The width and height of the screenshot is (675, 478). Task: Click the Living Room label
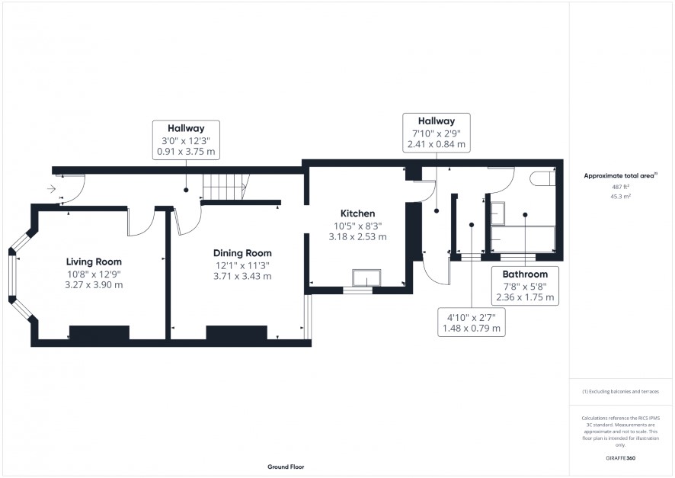[x=94, y=261]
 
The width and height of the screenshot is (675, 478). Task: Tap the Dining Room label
[x=242, y=253]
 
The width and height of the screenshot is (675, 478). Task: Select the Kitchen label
[x=358, y=213]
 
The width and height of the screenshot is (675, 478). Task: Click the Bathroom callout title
[x=525, y=274]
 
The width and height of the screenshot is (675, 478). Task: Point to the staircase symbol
[x=226, y=187]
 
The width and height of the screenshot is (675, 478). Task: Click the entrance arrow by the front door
[x=51, y=188]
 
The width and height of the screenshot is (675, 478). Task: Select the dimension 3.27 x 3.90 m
[x=94, y=284]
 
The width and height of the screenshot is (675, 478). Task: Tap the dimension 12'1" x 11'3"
[x=242, y=266]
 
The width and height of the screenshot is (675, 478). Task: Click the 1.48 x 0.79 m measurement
[x=472, y=329]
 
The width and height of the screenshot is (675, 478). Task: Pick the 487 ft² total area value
[x=620, y=187]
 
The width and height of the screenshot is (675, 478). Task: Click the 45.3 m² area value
[x=620, y=197]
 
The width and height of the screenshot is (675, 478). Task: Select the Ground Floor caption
[x=286, y=467]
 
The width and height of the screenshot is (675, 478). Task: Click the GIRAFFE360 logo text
[x=620, y=457]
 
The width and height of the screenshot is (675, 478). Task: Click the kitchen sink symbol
[x=366, y=277]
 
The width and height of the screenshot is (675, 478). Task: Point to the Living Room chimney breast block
[x=100, y=332]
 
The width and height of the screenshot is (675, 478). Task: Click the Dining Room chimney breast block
[x=237, y=332]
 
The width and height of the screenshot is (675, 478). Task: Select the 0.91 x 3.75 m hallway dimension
[x=186, y=152]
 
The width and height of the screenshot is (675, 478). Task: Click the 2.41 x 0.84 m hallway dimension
[x=437, y=144]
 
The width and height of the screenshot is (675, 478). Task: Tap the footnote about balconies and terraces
[x=620, y=391]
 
